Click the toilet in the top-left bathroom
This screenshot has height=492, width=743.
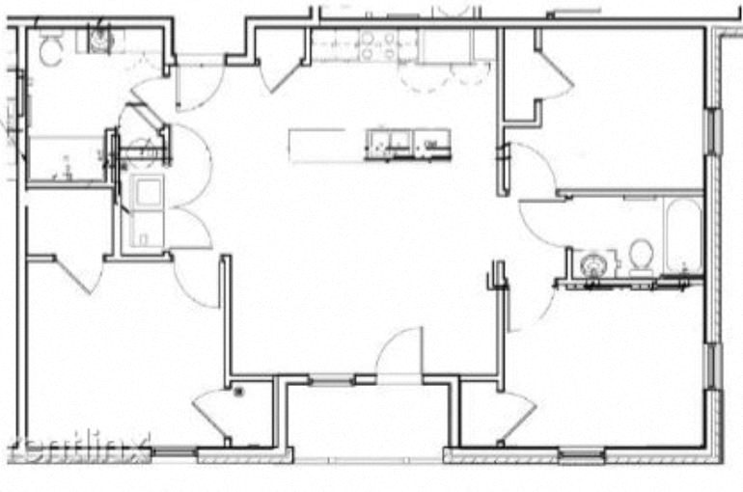(51, 49)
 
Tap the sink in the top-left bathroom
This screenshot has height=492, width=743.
(99, 40)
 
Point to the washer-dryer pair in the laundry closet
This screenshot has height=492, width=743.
(148, 209)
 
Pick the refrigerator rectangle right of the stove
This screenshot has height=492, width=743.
(444, 44)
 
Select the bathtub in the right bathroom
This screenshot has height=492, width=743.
(682, 234)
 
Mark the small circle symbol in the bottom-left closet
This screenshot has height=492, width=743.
(240, 391)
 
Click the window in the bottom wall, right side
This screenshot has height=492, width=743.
(581, 454)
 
